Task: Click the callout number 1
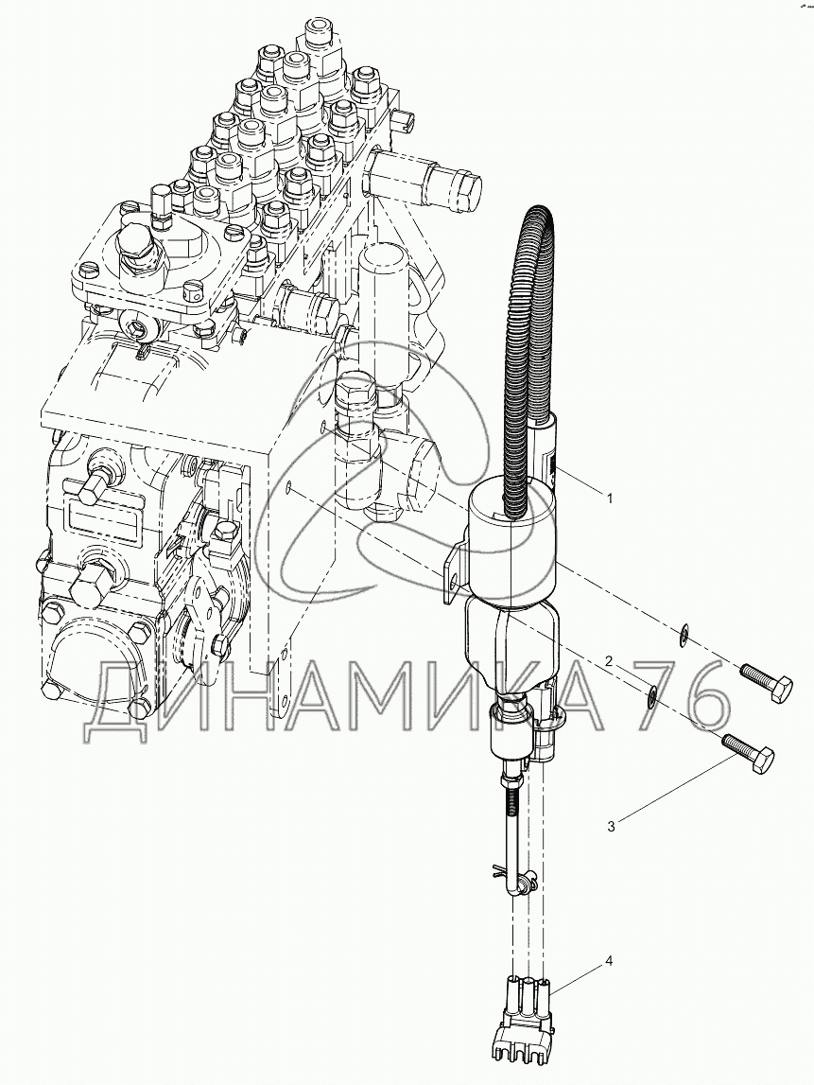609,498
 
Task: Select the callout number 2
609,661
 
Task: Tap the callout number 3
611,826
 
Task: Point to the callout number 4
609,961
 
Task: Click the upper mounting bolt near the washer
767,680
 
